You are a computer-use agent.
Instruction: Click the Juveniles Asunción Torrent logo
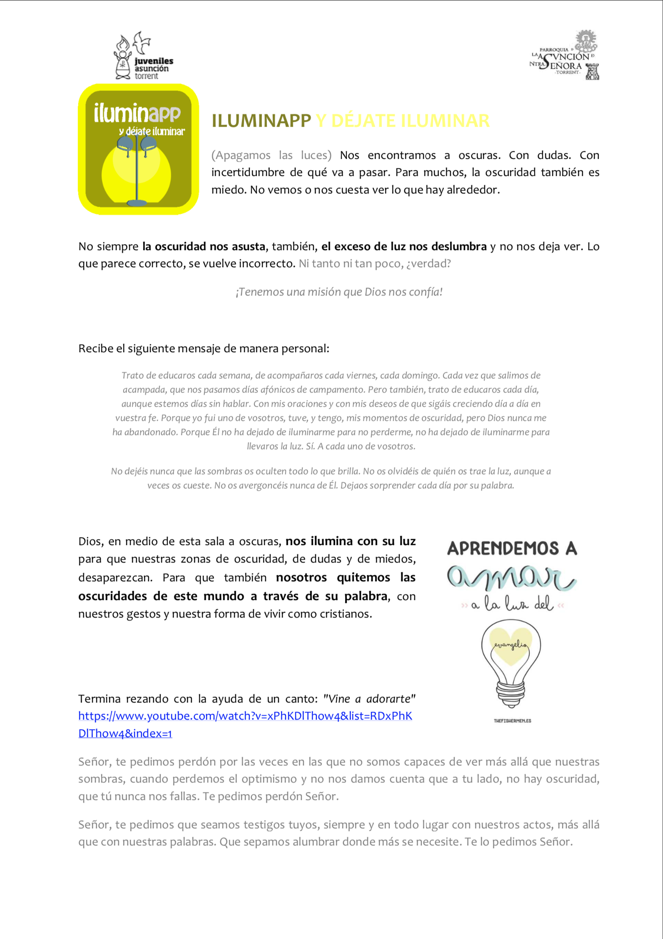point(143,56)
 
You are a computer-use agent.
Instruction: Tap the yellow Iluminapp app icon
point(138,149)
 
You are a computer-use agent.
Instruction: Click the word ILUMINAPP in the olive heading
point(261,121)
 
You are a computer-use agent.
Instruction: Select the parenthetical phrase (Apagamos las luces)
point(271,155)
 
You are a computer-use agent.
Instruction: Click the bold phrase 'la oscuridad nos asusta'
point(204,247)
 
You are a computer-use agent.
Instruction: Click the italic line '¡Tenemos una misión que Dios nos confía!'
point(339,292)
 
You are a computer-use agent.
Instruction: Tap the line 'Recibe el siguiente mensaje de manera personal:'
point(204,349)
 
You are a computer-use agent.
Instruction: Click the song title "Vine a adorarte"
point(369,699)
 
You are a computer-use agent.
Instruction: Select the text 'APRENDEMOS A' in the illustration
point(512,548)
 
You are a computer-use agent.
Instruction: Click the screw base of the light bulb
point(511,692)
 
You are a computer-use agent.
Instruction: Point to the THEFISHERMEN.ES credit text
point(512,721)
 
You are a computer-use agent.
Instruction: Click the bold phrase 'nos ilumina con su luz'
point(350,541)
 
